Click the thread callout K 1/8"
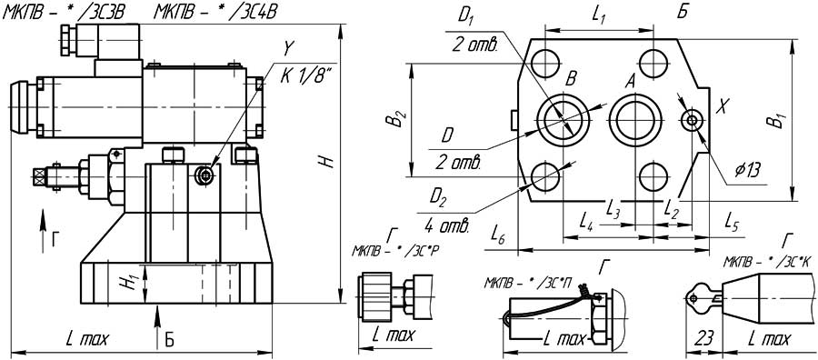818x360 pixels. pyautogui.click(x=306, y=75)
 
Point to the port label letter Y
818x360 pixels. pyautogui.click(x=287, y=50)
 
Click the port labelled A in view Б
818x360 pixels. pyautogui.click(x=636, y=120)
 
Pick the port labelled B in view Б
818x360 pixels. pyautogui.click(x=564, y=120)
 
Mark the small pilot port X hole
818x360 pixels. pyautogui.click(x=693, y=121)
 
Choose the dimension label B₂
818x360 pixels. pyautogui.click(x=399, y=119)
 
